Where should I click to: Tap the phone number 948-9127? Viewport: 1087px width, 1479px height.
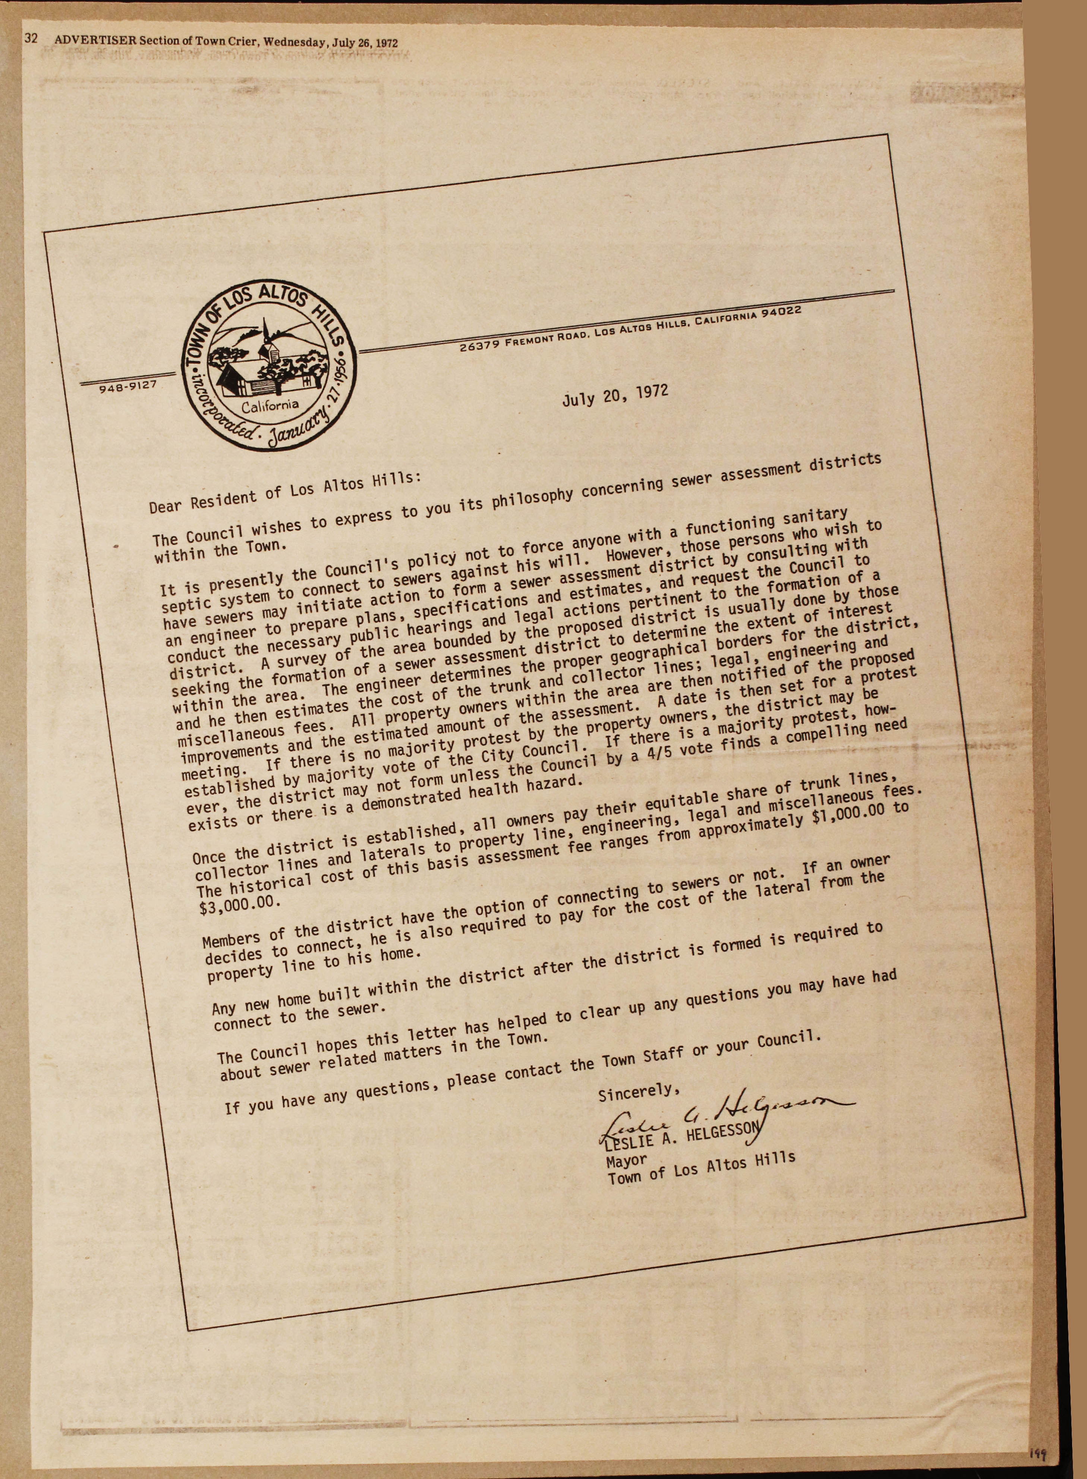pos(127,386)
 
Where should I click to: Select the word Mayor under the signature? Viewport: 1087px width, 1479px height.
pos(626,1160)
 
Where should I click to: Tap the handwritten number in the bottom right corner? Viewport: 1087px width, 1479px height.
pos(1038,1455)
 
